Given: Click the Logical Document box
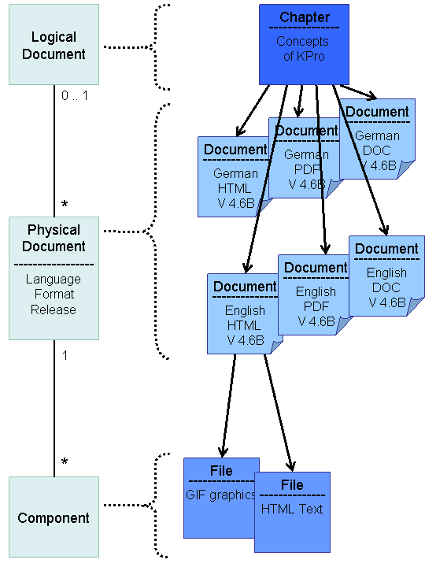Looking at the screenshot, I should tap(54, 46).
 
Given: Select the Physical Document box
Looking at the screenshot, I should tap(54, 278).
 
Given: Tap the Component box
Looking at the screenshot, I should tap(54, 517).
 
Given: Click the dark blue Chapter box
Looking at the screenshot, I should tap(304, 44).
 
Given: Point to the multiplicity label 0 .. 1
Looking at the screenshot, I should tap(76, 95).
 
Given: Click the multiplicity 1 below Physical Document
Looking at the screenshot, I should tap(65, 355).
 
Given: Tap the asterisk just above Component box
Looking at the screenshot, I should tap(65, 462).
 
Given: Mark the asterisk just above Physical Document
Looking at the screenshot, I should tap(65, 205).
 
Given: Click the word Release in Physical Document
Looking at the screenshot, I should tap(54, 309).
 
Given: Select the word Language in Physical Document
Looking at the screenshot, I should tap(54, 279).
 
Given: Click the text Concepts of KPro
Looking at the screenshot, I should tap(303, 49).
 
